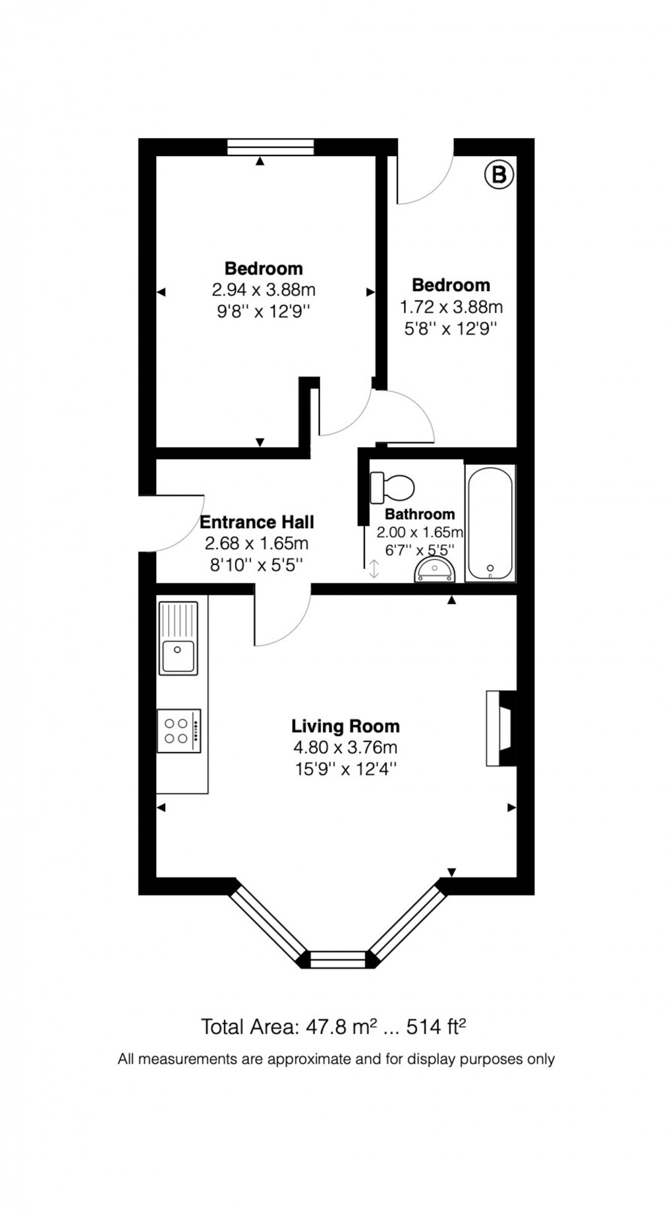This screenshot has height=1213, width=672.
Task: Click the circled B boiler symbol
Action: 499,175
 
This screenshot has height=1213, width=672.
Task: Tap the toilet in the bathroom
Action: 393,487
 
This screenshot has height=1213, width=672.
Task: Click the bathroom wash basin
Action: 435,570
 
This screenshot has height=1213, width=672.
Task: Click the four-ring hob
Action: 179,730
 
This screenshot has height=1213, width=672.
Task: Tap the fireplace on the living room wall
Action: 500,728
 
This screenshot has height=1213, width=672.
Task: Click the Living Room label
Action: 345,726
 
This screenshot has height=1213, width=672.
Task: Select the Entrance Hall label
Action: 256,522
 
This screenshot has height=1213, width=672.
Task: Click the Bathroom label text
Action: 420,514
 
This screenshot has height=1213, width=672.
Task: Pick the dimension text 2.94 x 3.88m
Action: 263,290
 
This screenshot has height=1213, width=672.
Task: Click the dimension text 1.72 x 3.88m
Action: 451,307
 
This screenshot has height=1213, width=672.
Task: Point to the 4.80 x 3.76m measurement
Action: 345,747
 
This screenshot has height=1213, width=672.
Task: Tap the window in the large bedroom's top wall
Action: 270,148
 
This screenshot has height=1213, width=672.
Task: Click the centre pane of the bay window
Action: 337,959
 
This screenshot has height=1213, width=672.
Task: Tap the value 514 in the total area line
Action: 424,1027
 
